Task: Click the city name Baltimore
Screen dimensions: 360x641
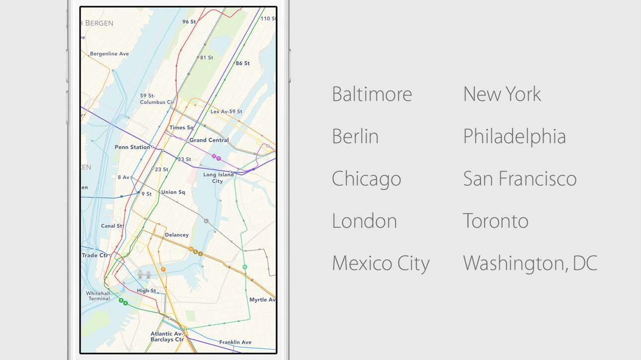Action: (371, 94)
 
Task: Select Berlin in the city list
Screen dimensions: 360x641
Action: (355, 136)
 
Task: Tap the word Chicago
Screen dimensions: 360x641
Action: (366, 179)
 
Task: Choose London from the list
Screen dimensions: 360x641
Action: (364, 221)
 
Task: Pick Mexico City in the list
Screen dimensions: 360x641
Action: (380, 264)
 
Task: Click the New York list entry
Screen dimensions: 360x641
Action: (502, 94)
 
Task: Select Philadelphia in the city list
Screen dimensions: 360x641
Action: (514, 136)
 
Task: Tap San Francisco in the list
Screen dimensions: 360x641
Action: (519, 179)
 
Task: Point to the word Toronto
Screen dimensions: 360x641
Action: (495, 221)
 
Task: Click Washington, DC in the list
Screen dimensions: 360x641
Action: (530, 264)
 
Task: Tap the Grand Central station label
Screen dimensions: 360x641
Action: (209, 140)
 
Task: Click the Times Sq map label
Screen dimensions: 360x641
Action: (181, 128)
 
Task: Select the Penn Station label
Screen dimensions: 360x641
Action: (132, 147)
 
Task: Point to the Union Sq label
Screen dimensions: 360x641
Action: (173, 192)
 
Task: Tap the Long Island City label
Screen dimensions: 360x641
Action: (218, 178)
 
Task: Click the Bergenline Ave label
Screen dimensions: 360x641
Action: (109, 54)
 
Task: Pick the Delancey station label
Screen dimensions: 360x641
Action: (177, 235)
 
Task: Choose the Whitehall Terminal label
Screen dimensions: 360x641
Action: (98, 296)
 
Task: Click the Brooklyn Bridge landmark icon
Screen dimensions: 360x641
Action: (144, 274)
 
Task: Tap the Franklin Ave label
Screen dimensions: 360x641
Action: (235, 342)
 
